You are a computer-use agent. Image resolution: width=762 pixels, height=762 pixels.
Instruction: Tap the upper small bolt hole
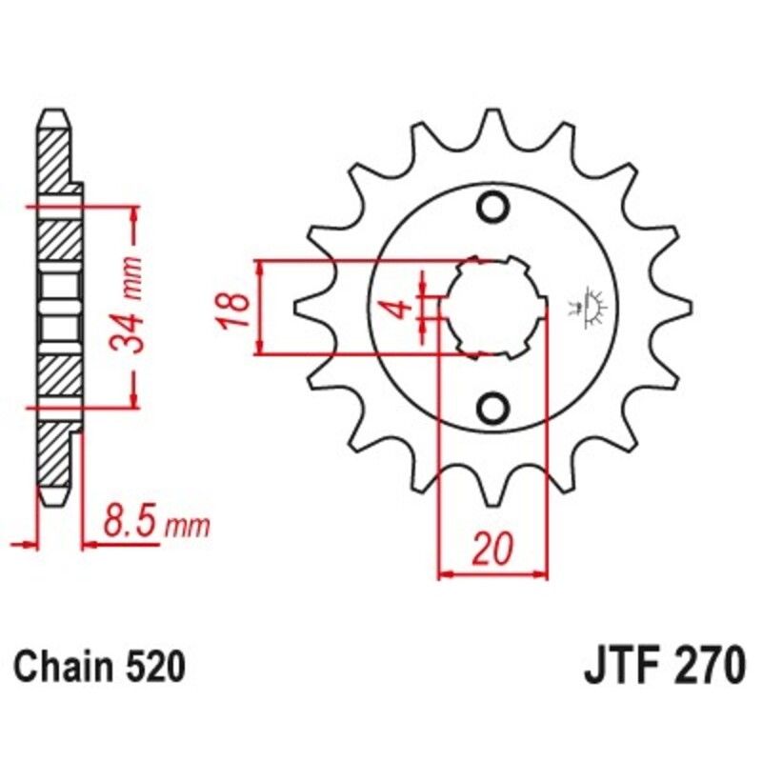click(493, 207)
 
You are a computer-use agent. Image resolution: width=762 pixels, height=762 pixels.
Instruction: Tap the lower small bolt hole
click(493, 409)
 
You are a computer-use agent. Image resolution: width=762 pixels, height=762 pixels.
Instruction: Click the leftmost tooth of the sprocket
click(310, 308)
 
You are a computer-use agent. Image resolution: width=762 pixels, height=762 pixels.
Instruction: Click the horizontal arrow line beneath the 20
click(493, 574)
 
